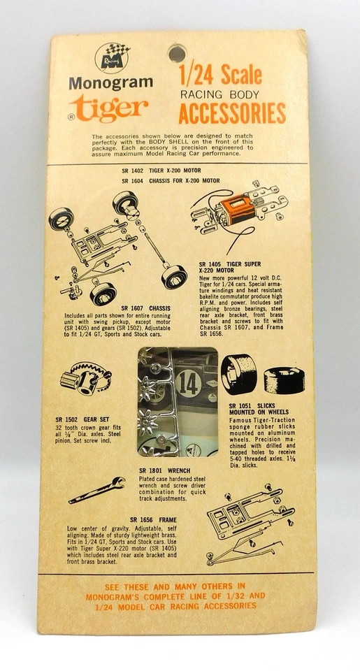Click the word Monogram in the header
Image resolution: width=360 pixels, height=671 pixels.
coord(110,82)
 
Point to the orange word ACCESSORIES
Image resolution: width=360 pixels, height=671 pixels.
coord(232,113)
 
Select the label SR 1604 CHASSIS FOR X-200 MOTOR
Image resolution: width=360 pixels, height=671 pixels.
coord(168,180)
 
